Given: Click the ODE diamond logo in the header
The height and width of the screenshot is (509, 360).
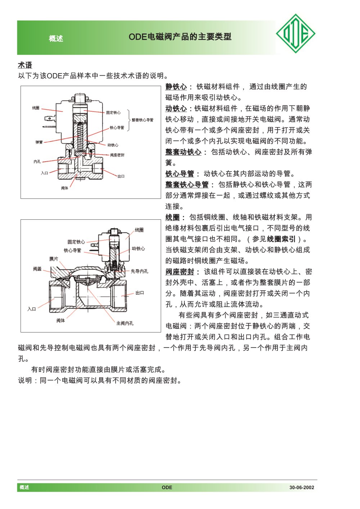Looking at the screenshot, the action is pos(296,34).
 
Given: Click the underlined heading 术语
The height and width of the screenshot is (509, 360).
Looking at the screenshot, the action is pos(25,65).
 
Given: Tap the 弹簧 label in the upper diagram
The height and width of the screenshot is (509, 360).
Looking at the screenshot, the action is pos(39,142).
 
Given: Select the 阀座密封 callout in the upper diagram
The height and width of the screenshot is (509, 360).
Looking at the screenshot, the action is pos(117,155).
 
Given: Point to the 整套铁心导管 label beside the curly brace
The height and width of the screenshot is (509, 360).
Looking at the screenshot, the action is pos(143,120).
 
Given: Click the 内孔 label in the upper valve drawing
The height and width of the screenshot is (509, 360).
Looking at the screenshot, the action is pos(37,162).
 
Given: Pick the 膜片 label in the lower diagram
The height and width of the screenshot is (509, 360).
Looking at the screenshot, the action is pos(54,259).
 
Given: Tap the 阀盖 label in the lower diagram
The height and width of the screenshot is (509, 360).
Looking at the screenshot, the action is pos(37,269).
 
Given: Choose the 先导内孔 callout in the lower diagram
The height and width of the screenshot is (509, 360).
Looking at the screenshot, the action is pos(139,271).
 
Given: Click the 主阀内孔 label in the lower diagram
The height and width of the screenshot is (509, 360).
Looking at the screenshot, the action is pos(125,323).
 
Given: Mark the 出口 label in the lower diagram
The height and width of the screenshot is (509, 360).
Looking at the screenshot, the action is pos(140,293).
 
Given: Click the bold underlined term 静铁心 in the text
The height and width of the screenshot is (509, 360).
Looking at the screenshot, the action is pos(176,87).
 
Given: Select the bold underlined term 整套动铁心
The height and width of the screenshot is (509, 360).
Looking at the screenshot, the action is pos(183,152).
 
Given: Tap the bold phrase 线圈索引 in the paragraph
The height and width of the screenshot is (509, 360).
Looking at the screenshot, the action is pos(281,239).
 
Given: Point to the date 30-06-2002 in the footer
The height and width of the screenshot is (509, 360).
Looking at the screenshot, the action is pos(302,487).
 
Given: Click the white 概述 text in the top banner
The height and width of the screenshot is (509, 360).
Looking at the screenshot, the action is pos(56,39).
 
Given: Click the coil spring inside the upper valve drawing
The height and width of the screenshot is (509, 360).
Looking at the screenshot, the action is pos(80,135).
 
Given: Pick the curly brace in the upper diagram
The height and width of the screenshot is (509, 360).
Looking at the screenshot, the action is pos(129,120).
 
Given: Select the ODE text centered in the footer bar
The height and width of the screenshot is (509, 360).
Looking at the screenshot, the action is pos(167,487).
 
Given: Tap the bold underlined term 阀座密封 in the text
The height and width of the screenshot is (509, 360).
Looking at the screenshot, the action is pos(180,272).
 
